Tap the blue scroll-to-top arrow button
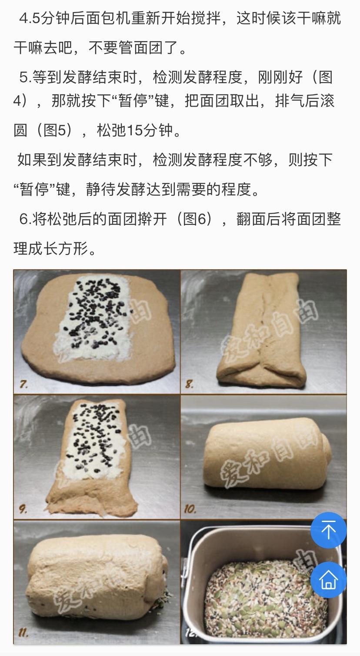(x=328, y=530)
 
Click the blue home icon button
(x=328, y=579)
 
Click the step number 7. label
(x=24, y=384)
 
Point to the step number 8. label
(x=190, y=384)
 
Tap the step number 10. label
(x=190, y=508)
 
